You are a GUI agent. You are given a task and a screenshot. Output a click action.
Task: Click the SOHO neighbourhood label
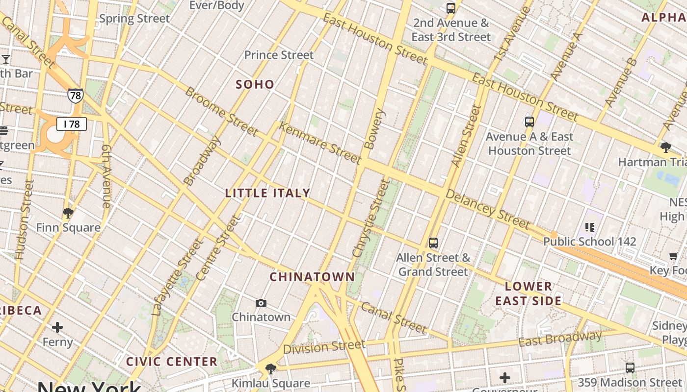pos(255,84)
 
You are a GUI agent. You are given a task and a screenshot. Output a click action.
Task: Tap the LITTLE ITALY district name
pos(267,193)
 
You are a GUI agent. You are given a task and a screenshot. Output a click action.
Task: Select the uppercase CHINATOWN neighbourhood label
pos(312,277)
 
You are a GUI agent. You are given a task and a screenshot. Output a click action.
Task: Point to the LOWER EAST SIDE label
pos(528,294)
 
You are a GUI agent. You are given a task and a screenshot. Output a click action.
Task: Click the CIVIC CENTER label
pos(172,362)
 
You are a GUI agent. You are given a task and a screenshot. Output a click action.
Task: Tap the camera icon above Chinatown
pos(261,303)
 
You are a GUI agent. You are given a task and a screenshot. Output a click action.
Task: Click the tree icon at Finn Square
pos(68,213)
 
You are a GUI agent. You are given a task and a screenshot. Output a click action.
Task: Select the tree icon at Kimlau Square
pos(270,368)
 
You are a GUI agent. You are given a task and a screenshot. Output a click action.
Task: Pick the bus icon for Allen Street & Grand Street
pos(433,243)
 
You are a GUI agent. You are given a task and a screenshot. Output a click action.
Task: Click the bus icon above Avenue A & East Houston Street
pos(529,122)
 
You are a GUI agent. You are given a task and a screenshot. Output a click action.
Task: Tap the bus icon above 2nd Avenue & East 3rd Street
pos(450,8)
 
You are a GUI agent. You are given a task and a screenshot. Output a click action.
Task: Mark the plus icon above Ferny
pos(57,327)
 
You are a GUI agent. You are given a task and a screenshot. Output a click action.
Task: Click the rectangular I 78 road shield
pos(72,124)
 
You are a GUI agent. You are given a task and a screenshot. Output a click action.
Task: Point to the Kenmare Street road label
pos(320,143)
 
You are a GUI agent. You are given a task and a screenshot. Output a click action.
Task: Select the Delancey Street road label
pos(487,209)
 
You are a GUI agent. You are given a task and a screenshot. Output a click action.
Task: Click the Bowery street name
pos(374,129)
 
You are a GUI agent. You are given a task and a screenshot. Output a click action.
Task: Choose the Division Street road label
pos(324,347)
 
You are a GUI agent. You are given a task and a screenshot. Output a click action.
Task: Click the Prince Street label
pos(279,55)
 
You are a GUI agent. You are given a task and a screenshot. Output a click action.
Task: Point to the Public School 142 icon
pos(590,227)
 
